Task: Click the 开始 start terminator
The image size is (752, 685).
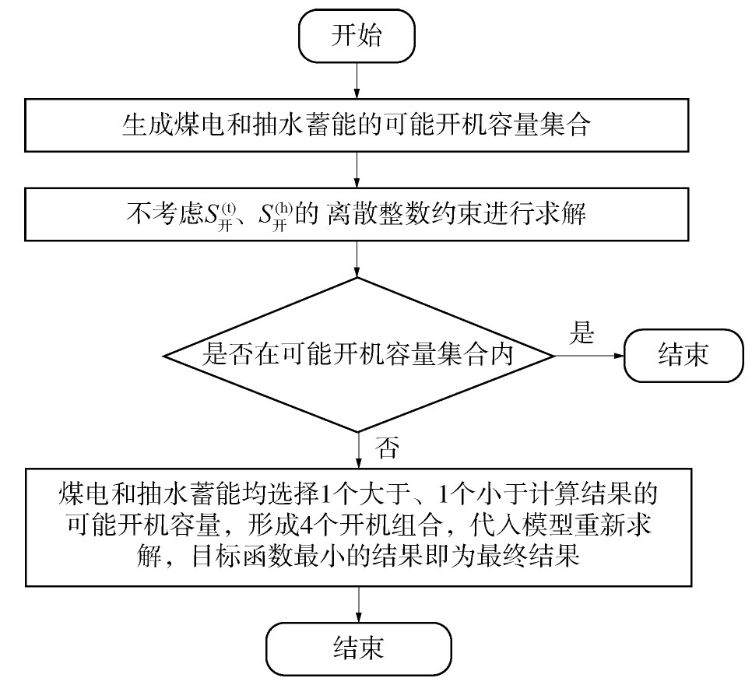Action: click(x=357, y=36)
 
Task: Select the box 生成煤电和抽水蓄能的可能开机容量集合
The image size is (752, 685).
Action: click(x=357, y=125)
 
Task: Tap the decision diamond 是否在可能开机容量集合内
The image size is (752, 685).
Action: click(x=358, y=355)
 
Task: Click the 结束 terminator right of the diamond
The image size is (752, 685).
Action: click(x=683, y=356)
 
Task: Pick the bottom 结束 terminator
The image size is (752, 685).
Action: click(x=359, y=648)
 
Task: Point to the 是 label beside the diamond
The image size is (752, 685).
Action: click(x=582, y=332)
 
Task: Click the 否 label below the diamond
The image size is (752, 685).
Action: click(x=387, y=448)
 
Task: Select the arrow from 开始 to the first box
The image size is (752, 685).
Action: click(x=357, y=81)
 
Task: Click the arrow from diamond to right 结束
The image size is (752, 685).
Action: click(x=589, y=356)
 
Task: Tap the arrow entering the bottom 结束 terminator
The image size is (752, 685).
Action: click(x=359, y=604)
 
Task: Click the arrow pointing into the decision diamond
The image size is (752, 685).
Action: click(x=357, y=259)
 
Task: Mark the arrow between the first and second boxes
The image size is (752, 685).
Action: click(x=357, y=170)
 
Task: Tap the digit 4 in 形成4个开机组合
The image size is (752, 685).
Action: click(x=306, y=526)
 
